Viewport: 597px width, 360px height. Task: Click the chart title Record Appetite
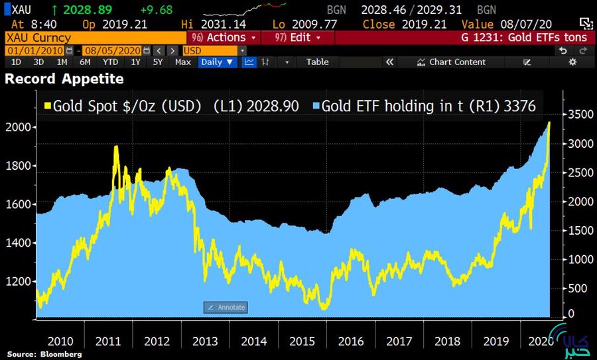point(64,79)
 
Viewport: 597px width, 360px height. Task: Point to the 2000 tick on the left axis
point(19,127)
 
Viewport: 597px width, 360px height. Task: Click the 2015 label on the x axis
point(302,341)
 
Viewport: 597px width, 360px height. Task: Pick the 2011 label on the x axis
point(108,341)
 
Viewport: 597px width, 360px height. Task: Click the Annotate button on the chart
point(226,307)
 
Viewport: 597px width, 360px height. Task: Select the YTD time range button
point(110,62)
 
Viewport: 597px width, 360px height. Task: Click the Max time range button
point(183,62)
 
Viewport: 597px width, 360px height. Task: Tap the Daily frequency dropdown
point(218,62)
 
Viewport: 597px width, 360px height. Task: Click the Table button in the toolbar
point(317,62)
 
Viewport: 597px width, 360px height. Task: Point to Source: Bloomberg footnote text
point(44,355)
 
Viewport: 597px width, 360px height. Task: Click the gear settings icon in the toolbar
point(572,62)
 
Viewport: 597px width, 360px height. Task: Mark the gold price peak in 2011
point(116,147)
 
